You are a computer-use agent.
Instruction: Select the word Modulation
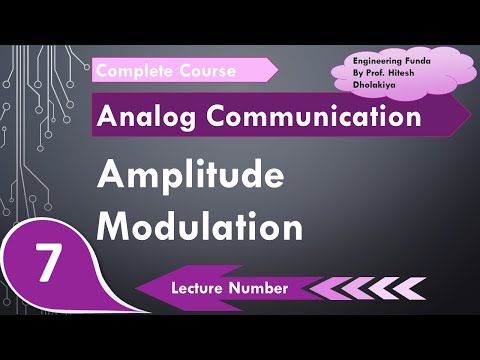click(x=200, y=227)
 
